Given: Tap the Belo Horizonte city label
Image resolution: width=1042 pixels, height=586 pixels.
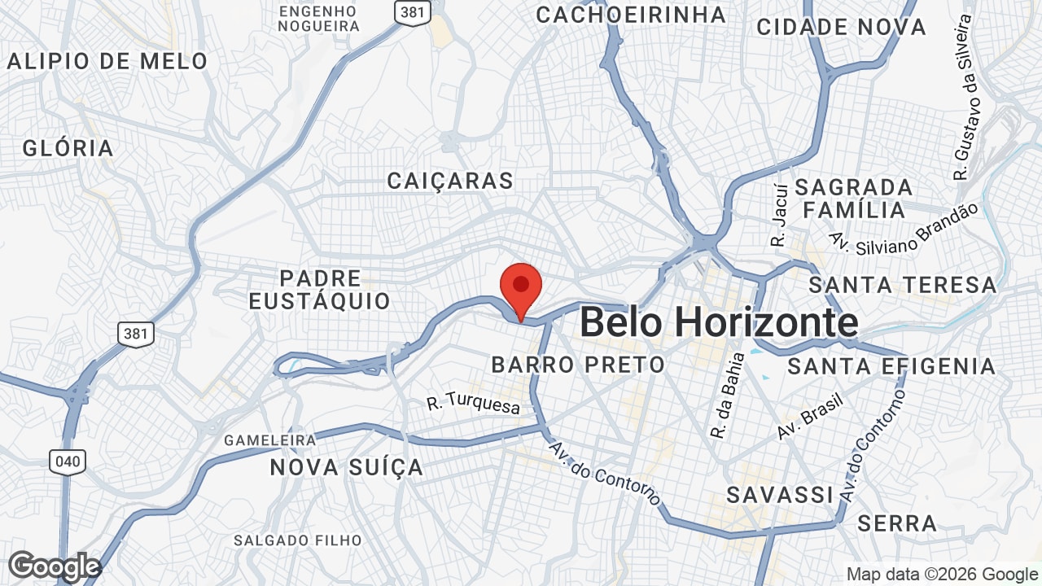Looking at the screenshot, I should pos(719,322).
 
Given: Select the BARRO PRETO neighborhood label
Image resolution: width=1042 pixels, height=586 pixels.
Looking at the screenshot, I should pos(578,364).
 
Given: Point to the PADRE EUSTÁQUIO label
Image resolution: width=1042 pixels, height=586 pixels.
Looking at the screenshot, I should pos(320,290).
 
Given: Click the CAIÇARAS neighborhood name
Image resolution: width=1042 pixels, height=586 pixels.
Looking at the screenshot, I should pos(450,181).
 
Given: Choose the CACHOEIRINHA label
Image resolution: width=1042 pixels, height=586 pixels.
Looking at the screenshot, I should pos(631,15).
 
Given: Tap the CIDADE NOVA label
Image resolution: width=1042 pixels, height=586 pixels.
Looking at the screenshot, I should pos(841,27).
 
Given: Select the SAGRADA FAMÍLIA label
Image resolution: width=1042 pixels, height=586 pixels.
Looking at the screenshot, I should pos(853,199).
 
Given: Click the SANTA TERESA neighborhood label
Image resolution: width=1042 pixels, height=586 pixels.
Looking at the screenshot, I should pos(903,285).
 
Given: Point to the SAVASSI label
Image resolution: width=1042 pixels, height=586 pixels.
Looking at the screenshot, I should pos(780,495).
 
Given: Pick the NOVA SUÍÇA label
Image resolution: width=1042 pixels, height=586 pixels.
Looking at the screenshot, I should pos(347,467).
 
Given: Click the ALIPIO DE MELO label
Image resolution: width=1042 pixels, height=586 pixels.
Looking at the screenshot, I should pos(107,61).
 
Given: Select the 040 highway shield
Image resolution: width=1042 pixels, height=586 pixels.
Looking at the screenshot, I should pos(67,462).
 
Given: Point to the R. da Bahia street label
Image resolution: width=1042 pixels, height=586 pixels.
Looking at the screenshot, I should pos(727,396).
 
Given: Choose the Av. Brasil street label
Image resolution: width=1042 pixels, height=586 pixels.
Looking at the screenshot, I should pos(809,416).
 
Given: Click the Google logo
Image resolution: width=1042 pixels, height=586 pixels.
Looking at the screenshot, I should pos(54,566).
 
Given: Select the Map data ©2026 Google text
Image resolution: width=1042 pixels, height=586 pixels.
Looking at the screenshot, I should pos(941,575).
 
